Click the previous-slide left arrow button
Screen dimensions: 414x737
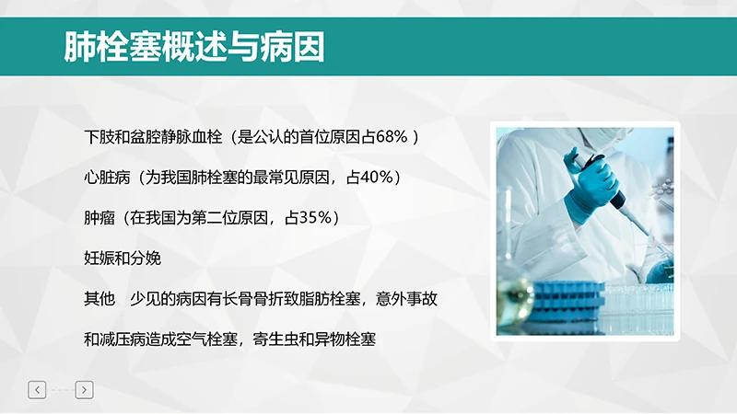pos(37,390)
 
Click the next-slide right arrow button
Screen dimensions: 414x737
pos(84,390)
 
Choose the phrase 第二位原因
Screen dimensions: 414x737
pos(229,218)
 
